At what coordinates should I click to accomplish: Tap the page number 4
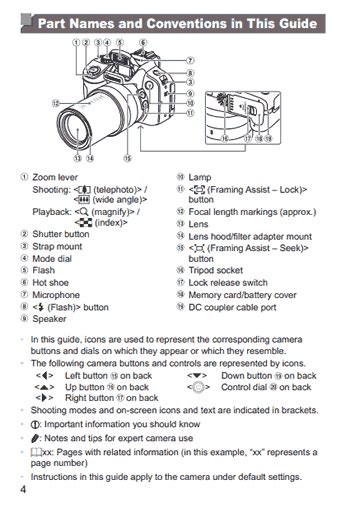23,490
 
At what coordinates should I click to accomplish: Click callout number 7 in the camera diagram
190,60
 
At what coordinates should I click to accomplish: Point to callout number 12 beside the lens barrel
56,103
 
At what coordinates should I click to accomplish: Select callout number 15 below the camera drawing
127,158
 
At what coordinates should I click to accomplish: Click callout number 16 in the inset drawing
225,138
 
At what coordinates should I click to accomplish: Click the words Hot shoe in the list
50,283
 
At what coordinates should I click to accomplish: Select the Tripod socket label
216,270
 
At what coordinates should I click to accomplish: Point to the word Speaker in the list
49,319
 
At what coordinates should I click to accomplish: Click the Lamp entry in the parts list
200,177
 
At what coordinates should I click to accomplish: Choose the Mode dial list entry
52,259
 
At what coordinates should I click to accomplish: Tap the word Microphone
56,295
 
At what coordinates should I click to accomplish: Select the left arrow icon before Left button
44,376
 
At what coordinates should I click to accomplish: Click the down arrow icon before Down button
197,376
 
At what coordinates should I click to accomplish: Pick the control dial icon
198,387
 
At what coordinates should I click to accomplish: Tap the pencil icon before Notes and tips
35,438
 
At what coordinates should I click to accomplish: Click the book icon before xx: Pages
36,452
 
